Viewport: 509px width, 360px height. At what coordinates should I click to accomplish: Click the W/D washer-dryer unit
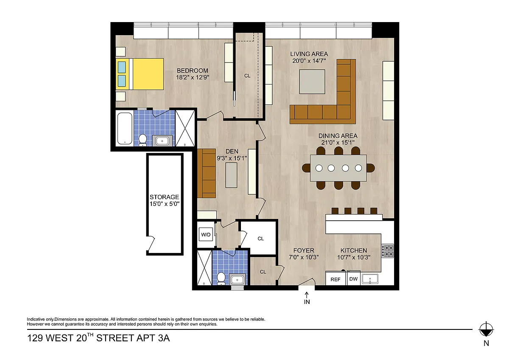pos(206,234)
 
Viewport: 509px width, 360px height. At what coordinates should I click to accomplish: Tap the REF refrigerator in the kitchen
pos(336,278)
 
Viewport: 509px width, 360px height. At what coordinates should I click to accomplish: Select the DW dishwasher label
pos(353,278)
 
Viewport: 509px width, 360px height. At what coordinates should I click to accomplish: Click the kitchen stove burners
pos(388,251)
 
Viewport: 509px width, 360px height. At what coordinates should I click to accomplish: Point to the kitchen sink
pos(370,279)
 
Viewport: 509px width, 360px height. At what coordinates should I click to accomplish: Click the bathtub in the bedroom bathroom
pos(125,129)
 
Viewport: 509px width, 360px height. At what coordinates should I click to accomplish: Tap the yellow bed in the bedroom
pos(140,74)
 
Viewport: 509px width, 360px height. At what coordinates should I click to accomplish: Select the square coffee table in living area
pos(312,82)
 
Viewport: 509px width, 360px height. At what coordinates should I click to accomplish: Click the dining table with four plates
pos(338,168)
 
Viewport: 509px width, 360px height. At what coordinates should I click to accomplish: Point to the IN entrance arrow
pos(307,295)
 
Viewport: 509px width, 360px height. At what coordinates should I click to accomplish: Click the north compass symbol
pos(486,329)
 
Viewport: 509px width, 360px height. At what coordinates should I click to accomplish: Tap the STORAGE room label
pos(164,197)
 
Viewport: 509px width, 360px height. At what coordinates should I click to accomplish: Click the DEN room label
pos(232,151)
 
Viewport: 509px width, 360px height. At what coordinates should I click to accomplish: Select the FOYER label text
pos(304,250)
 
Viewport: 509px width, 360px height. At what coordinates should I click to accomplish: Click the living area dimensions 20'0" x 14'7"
pos(309,61)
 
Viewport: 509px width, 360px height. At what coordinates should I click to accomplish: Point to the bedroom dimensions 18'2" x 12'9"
pos(193,77)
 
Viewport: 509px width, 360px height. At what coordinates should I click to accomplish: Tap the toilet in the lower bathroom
pos(221,278)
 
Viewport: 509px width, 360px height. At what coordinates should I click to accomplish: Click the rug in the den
pos(231,175)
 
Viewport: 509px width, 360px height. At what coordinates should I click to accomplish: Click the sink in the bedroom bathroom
pos(162,141)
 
